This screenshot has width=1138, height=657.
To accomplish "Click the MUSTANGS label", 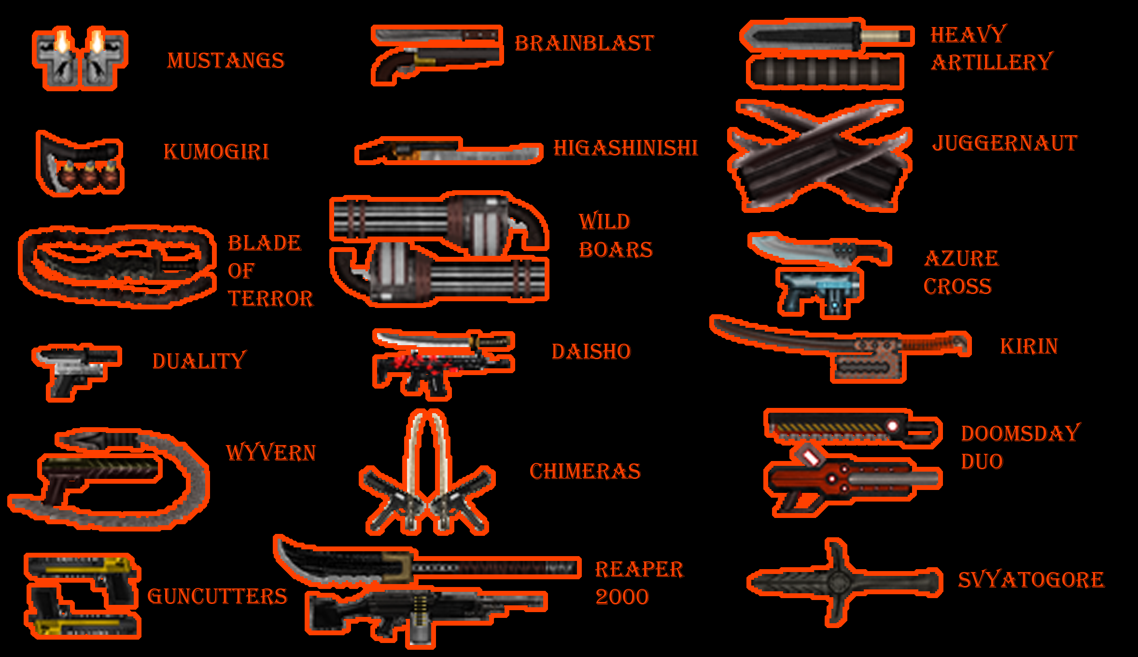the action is pos(225,61).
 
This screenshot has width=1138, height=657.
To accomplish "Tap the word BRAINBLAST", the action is pos(584,43).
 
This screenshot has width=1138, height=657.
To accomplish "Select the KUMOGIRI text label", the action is pos(216,152).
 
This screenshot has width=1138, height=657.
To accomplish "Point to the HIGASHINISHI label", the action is pos(626,148).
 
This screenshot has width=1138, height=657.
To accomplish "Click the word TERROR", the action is pos(270,298).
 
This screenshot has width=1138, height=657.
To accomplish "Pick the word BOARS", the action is pos(616,250).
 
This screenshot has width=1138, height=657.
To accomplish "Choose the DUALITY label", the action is pos(199,361).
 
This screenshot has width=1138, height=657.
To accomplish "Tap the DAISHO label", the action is pos(591,351).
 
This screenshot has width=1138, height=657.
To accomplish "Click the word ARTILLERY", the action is pos(992,62).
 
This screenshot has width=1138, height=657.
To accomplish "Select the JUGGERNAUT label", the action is pos(1005,143).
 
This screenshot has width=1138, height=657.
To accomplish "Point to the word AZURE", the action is pos(961,258).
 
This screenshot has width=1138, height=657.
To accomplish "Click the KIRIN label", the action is pos(1029,346).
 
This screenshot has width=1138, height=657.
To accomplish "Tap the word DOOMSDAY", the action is pos(1021,433).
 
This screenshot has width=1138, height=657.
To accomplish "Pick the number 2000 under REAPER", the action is pos(622,597).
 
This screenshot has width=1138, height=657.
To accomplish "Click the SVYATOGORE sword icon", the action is pos(844,583).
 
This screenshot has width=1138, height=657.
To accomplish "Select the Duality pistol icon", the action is pos(76,372).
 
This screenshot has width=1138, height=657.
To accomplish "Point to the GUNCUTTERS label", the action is pos(217,597).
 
